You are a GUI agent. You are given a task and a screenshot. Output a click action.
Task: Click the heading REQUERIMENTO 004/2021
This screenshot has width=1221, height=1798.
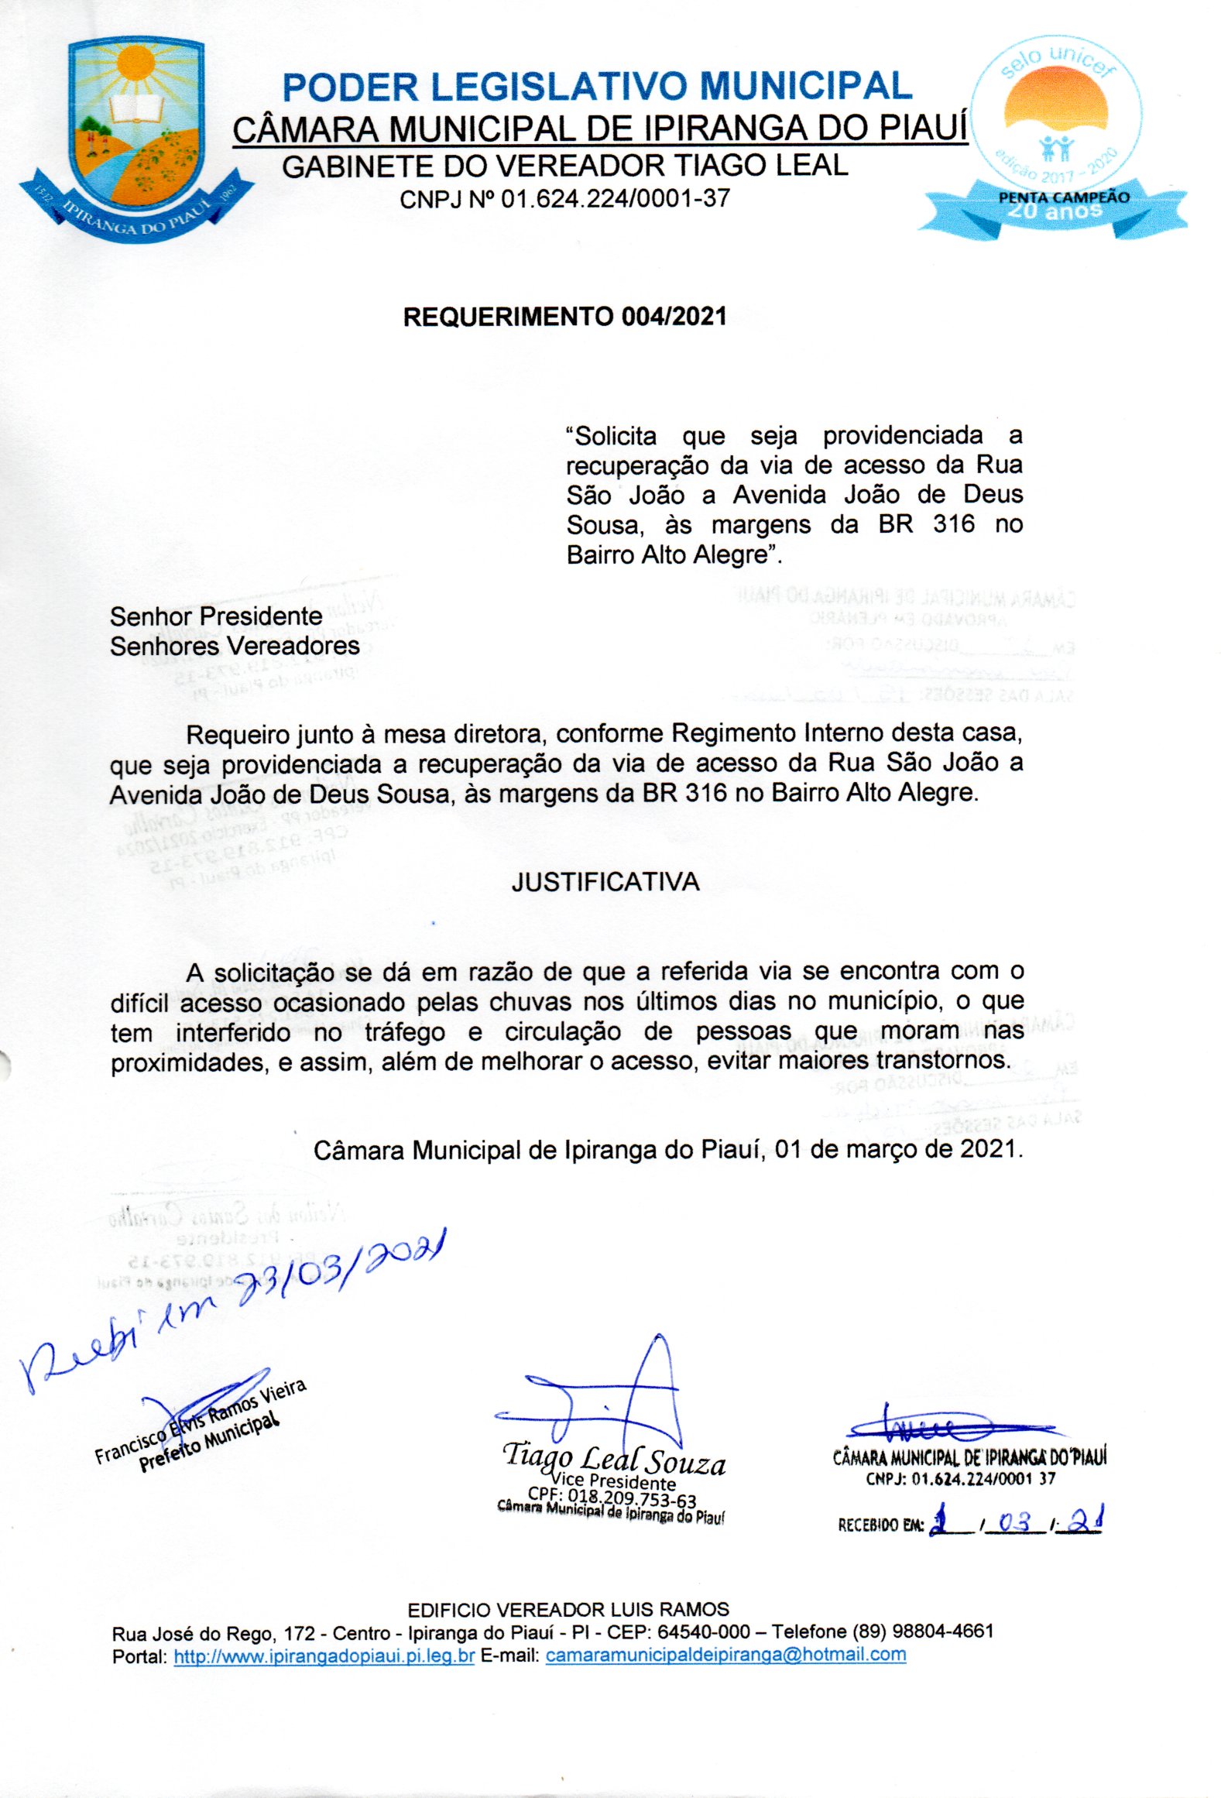tap(564, 317)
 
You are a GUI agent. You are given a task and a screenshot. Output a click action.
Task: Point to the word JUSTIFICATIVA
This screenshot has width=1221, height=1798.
tap(605, 882)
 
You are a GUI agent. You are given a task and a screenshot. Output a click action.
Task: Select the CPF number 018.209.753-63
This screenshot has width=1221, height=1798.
tap(612, 1499)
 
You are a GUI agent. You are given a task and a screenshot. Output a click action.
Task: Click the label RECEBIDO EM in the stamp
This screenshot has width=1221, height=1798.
tap(880, 1525)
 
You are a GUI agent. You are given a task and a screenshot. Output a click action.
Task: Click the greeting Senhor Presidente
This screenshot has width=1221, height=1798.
tap(216, 616)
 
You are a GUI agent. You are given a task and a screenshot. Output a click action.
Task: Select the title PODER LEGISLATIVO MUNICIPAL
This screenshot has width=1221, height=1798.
tap(597, 87)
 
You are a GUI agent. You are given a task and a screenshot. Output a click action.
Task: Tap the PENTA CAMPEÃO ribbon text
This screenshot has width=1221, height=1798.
tap(1063, 197)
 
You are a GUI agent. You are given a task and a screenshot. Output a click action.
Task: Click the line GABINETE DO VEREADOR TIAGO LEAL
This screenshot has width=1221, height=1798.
tap(564, 166)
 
